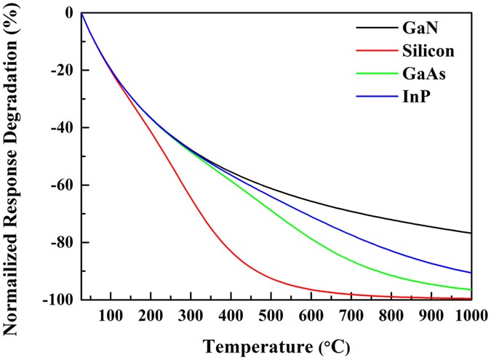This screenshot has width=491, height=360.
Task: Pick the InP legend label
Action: point(415,97)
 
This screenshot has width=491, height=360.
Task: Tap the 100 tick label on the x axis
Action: point(111,315)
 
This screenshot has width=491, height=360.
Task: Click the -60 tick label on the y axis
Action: point(57,185)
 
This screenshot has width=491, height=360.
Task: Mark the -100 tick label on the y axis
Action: point(54,299)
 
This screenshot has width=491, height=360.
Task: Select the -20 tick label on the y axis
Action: point(57,71)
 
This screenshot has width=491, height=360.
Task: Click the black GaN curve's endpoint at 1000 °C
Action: point(471,233)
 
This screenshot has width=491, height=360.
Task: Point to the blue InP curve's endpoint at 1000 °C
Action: point(471,273)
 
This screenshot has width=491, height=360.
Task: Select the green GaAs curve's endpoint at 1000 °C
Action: point(471,289)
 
